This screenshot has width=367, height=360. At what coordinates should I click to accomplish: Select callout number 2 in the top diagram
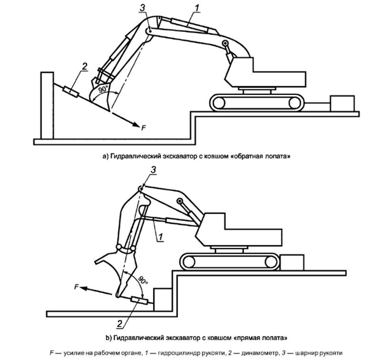84,66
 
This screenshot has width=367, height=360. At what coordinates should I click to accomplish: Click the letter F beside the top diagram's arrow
143,126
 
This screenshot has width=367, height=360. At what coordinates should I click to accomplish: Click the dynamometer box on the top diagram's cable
71,90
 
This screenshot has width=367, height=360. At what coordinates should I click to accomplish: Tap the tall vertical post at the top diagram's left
46,105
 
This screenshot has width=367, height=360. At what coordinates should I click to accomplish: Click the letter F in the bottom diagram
76,287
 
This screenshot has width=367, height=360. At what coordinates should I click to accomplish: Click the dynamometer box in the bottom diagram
139,300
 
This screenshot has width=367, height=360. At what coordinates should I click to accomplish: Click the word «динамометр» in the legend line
259,353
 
